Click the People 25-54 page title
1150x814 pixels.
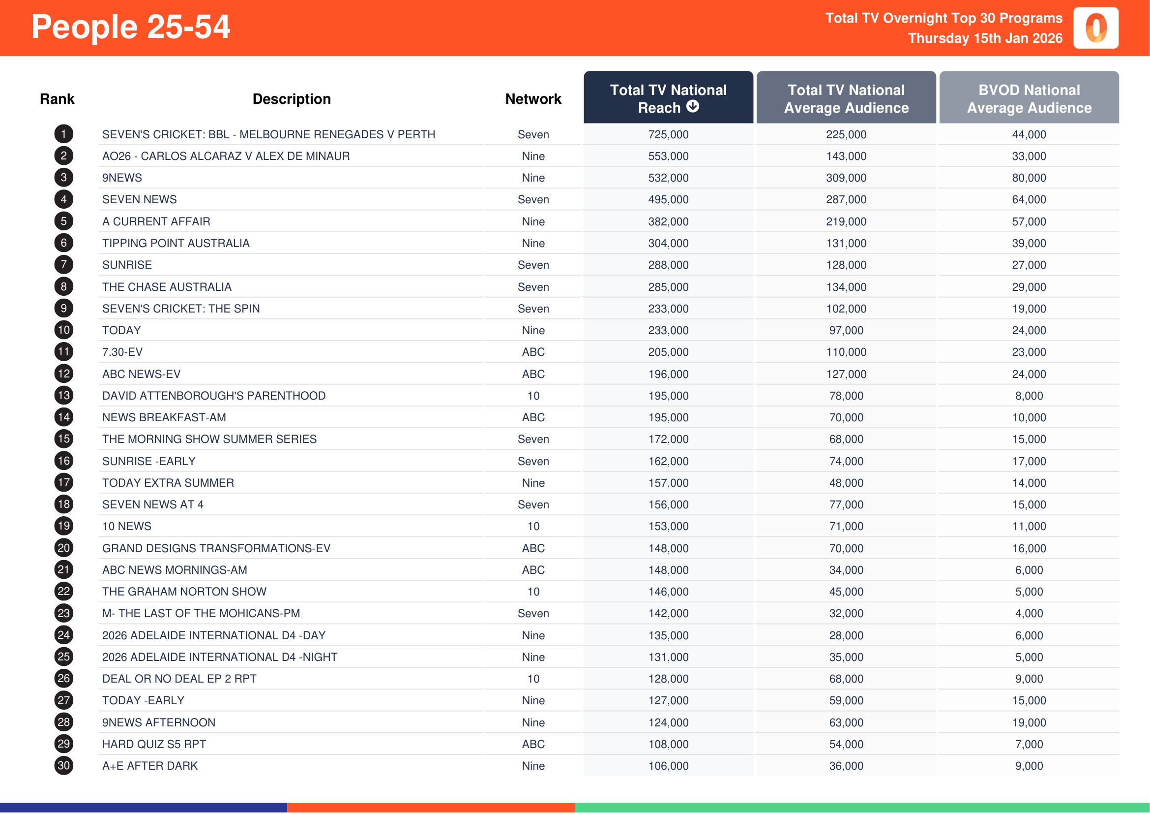click(130, 27)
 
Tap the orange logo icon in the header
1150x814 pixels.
click(1095, 28)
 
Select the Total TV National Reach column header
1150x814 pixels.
click(668, 98)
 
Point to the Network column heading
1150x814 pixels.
click(533, 99)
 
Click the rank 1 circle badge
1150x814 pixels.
click(63, 134)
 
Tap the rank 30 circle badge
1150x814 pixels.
click(63, 765)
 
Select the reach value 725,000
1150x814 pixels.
click(668, 134)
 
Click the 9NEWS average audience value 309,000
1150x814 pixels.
click(846, 178)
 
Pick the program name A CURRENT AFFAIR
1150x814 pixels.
click(156, 221)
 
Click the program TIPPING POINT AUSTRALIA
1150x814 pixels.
click(176, 243)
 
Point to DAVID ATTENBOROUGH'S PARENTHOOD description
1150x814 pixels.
click(213, 396)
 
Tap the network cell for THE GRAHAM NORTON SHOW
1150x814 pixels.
click(533, 592)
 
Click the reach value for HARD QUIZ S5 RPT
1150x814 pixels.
click(668, 744)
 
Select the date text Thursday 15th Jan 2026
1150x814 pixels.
click(985, 38)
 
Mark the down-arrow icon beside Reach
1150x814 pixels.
click(692, 106)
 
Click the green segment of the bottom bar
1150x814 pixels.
click(861, 808)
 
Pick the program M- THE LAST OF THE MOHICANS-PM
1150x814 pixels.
click(201, 613)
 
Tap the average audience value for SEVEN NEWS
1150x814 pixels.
click(846, 199)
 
